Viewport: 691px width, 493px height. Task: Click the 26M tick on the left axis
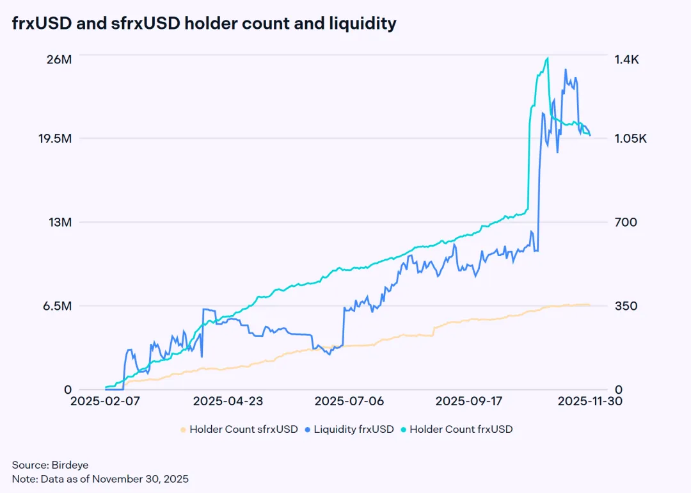(x=59, y=60)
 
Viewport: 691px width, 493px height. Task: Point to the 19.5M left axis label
(x=54, y=139)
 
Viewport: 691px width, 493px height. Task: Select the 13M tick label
(x=59, y=222)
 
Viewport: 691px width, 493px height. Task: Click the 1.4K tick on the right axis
(x=627, y=60)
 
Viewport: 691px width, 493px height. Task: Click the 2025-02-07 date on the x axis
(x=106, y=401)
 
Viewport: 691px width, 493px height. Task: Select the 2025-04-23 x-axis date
(x=228, y=401)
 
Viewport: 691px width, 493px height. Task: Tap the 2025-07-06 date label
(x=349, y=401)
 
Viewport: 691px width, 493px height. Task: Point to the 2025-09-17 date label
(x=470, y=401)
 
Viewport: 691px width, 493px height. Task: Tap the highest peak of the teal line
(x=547, y=58)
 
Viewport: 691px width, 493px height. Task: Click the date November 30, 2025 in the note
(x=142, y=478)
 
